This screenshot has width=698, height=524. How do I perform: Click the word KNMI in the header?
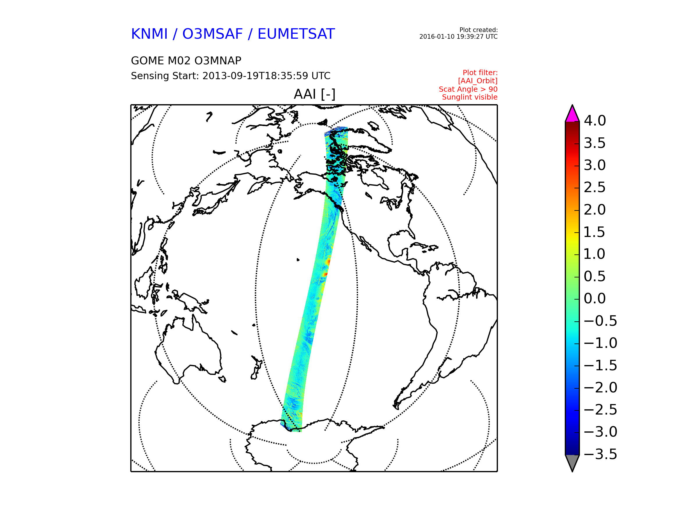pos(149,34)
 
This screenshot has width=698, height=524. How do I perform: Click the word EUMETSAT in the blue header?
pos(296,34)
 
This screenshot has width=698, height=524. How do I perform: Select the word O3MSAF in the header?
pos(212,34)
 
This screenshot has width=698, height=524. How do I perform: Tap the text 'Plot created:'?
pos(478,30)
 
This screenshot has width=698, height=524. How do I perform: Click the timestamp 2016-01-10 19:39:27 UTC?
pos(458,37)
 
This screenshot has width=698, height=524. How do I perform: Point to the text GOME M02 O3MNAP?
pos(186,61)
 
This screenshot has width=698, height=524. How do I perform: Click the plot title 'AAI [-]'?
pos(314,94)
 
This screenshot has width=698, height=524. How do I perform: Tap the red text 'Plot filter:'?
pos(480,73)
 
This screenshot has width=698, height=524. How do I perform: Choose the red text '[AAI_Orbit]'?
pos(478,81)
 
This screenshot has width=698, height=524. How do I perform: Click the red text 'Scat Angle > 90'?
pos(468,89)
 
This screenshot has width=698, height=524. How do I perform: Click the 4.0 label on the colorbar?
pos(594,121)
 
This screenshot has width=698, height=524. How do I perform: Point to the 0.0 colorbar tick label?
pos(594,298)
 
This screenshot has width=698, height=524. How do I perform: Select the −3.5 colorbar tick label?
pos(600,454)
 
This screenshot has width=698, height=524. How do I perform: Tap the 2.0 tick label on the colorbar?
pos(594,210)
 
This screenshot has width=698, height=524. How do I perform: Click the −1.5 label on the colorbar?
pos(600,365)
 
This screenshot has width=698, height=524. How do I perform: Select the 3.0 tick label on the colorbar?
pos(594,165)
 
